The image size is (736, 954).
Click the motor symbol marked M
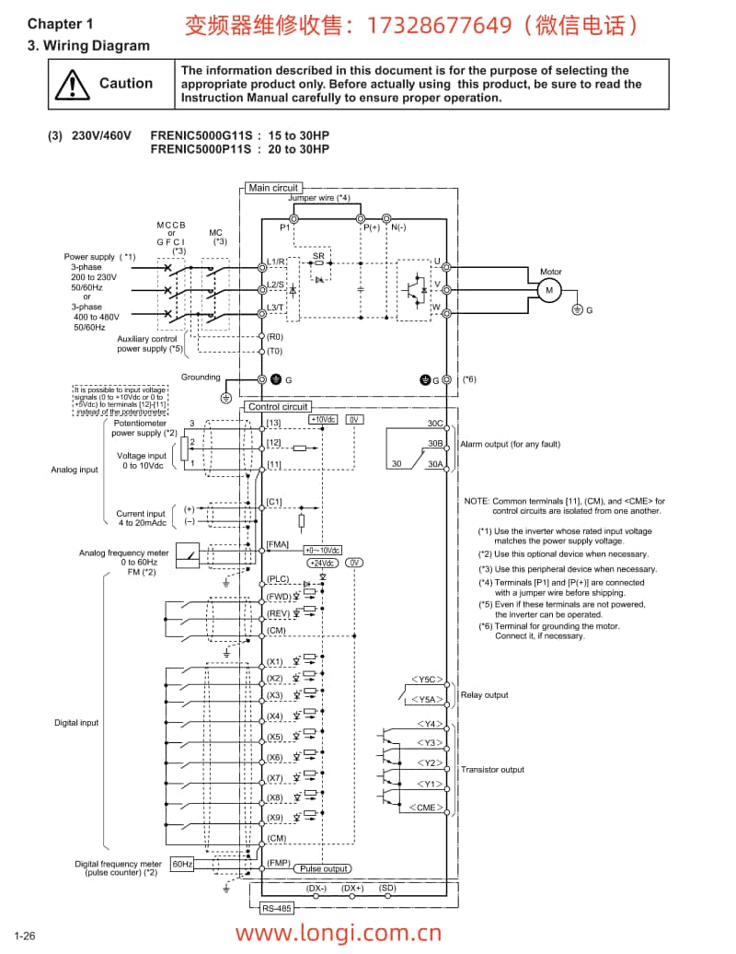point(550,289)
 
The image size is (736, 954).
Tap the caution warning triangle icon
point(70,85)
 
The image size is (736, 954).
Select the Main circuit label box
point(273,188)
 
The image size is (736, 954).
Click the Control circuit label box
point(277,406)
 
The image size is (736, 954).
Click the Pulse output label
point(324,868)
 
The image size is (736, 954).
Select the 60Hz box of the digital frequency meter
point(182,864)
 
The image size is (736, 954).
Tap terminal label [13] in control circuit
point(273,423)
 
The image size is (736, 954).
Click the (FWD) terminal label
point(278,596)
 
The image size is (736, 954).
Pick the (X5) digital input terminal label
point(274,737)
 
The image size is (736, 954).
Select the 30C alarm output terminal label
point(434,424)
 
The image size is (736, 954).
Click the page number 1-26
point(24,936)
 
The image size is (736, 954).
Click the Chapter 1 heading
point(60,25)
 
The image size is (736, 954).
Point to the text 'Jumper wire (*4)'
point(319,198)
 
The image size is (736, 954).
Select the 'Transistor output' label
point(492,770)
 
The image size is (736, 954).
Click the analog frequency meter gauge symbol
point(188,553)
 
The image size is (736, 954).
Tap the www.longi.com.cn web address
point(339,933)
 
